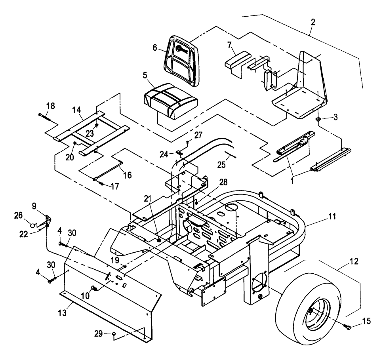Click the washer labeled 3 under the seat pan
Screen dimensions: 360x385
click(318, 119)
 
